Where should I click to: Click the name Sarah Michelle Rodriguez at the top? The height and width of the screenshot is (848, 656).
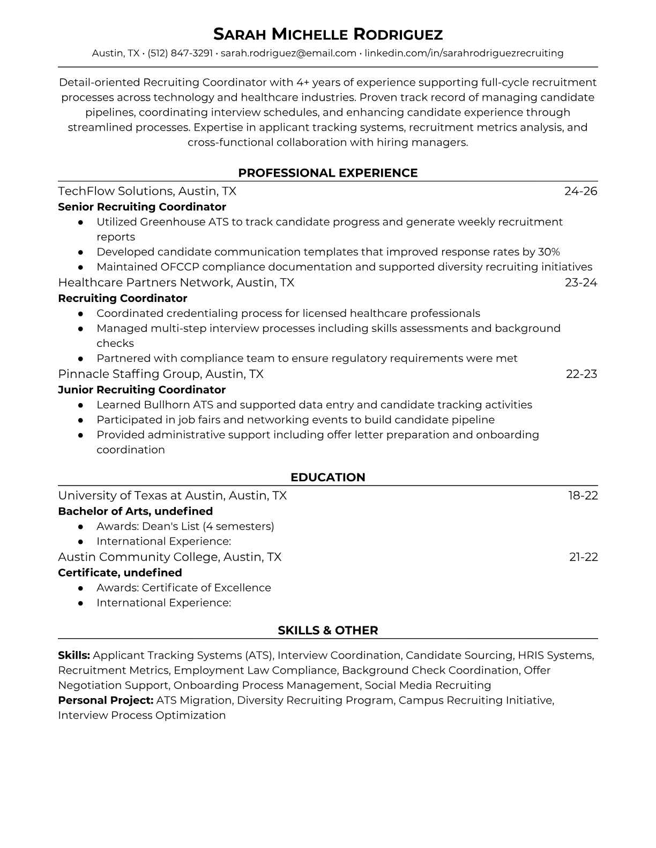(x=328, y=34)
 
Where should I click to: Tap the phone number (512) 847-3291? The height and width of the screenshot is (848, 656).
(x=180, y=53)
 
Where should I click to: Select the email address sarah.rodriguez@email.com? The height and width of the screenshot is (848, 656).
(x=288, y=53)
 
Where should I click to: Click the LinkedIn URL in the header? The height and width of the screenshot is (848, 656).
(x=464, y=53)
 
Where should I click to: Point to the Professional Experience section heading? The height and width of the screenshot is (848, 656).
(x=328, y=173)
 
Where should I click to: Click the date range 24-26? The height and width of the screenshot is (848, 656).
(x=581, y=191)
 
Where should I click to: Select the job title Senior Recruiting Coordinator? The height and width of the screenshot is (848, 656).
(x=142, y=207)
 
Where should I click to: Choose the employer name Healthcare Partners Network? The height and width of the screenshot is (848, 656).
(x=144, y=282)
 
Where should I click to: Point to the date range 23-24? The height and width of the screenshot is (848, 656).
(x=581, y=282)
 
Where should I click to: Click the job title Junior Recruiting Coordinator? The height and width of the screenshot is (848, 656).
(x=141, y=390)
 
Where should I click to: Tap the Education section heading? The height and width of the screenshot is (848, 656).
(x=328, y=478)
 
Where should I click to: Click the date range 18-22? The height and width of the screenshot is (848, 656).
(x=583, y=495)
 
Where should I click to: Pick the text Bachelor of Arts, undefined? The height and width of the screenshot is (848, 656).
(x=135, y=511)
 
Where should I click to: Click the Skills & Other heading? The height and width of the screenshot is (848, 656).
(x=328, y=631)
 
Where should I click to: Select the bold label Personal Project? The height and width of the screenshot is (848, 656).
(x=106, y=700)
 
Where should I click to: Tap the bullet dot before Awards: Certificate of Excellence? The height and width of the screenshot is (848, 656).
(x=80, y=588)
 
